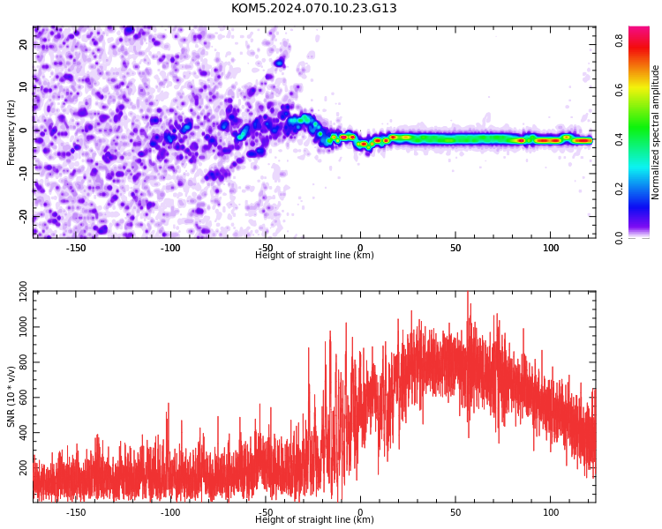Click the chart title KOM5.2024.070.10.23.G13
click(313, 8)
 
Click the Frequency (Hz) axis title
click(11, 132)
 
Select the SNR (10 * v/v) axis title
click(11, 397)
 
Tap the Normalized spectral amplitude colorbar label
click(655, 132)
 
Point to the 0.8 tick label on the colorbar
click(619, 41)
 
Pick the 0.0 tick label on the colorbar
click(619, 238)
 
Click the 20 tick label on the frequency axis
click(24, 44)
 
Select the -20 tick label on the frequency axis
click(24, 216)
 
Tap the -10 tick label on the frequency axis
click(24, 174)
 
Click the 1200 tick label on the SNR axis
click(24, 292)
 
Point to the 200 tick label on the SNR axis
click(24, 467)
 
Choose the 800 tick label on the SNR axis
click(24, 362)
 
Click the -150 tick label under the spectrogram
click(76, 248)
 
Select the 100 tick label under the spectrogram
click(551, 248)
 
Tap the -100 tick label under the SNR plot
click(170, 512)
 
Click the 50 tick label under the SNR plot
click(455, 512)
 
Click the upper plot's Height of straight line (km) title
click(314, 255)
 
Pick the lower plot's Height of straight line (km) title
click(314, 519)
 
